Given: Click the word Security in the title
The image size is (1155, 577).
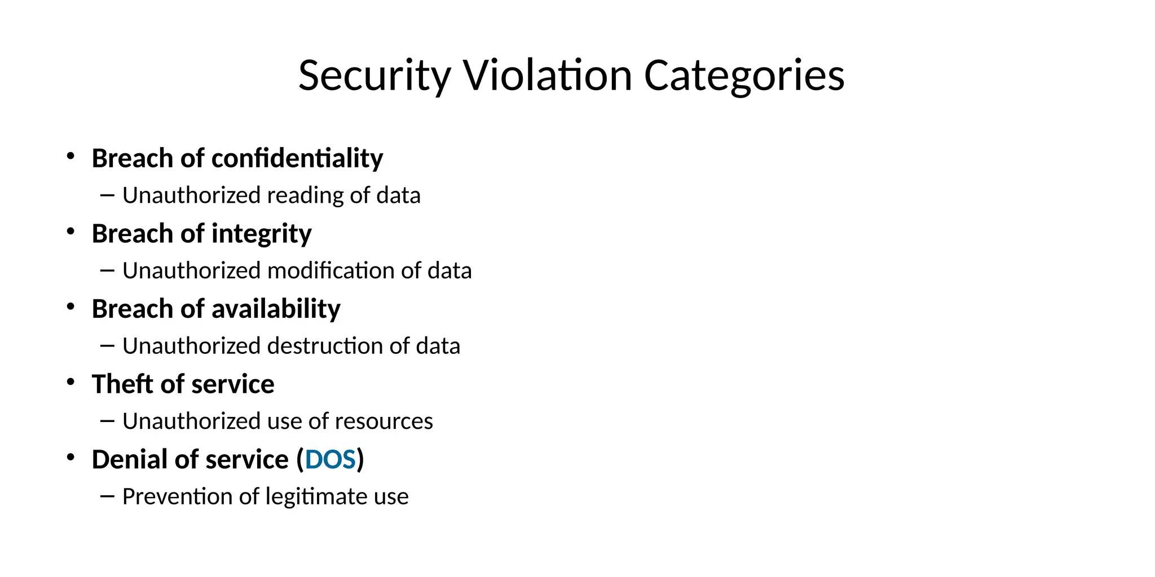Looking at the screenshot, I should (x=374, y=76).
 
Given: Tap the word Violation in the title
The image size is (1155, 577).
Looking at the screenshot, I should (x=548, y=76).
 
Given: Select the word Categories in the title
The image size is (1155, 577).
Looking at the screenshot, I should (x=744, y=76).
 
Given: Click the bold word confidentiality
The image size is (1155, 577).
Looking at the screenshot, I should (x=297, y=158).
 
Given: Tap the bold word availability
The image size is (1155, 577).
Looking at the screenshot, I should (x=276, y=309).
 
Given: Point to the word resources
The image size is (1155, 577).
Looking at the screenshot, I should (x=383, y=421).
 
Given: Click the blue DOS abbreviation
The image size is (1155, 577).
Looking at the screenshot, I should (x=330, y=460).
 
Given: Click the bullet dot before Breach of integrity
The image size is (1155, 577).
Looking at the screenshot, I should (x=70, y=232).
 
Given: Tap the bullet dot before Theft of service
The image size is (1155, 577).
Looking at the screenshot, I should (x=70, y=382).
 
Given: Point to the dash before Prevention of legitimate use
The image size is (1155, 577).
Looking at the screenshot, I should (x=107, y=496).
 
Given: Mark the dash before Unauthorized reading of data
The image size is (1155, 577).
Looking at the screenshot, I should (x=107, y=196).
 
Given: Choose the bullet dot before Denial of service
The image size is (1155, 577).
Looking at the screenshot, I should (x=70, y=458).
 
